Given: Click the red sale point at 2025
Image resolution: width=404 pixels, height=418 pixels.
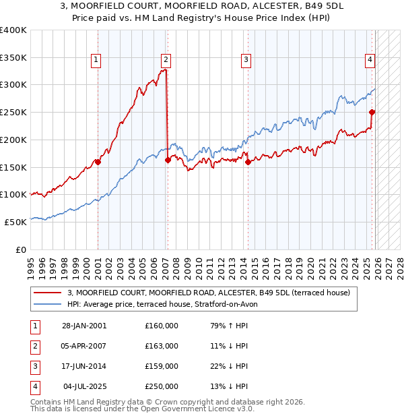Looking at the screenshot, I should pos(372,113).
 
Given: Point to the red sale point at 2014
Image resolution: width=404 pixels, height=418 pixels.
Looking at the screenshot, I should pos(248,162).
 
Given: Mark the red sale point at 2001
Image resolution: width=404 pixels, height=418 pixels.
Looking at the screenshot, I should pos(98,162).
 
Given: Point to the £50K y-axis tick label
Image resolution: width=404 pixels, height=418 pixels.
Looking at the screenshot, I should pos(15,222).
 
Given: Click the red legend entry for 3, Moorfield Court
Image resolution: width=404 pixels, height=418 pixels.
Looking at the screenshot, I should pos(208,293).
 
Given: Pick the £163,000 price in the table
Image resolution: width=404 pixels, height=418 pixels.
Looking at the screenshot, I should pos(162,346).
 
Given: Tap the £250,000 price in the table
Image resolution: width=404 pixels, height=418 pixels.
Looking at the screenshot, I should pos(162,386).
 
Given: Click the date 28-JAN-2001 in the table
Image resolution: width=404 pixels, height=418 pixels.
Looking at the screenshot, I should pos(84,326).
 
